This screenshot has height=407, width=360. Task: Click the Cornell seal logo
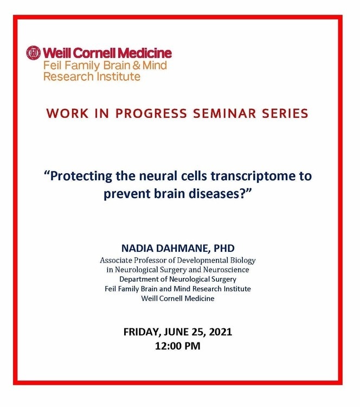[34, 53]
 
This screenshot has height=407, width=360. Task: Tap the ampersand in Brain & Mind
[136, 66]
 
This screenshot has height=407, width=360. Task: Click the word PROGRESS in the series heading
[151, 113]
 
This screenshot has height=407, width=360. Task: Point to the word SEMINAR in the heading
[224, 113]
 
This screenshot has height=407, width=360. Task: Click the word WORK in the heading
[67, 113]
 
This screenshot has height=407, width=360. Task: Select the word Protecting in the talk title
[81, 176]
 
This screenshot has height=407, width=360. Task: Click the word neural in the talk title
[153, 176]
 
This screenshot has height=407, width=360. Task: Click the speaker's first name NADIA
[135, 249]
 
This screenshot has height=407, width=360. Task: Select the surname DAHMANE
[181, 249]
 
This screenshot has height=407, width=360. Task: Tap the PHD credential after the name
[224, 249]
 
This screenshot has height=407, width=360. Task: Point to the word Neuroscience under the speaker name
[226, 270]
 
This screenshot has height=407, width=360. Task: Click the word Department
[137, 279]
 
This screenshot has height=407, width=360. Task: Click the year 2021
[221, 332]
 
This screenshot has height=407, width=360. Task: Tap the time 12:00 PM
[178, 346]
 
